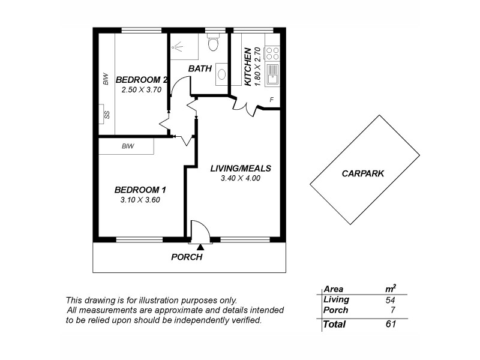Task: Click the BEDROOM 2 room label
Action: coord(141,80)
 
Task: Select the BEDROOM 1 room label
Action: coord(140,190)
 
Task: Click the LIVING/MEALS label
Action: coord(241,168)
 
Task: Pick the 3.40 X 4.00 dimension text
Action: coord(240,178)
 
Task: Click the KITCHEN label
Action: coord(248,67)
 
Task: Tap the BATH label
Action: coord(200,68)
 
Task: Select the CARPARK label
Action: coord(362,173)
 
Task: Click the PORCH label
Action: coord(187,257)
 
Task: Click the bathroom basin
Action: coord(221,74)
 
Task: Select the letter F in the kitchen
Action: coord(272,100)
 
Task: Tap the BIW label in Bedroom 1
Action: coord(127,146)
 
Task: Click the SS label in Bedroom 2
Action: coord(107,115)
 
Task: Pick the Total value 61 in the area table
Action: coord(391,325)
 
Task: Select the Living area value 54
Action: coord(391,299)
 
